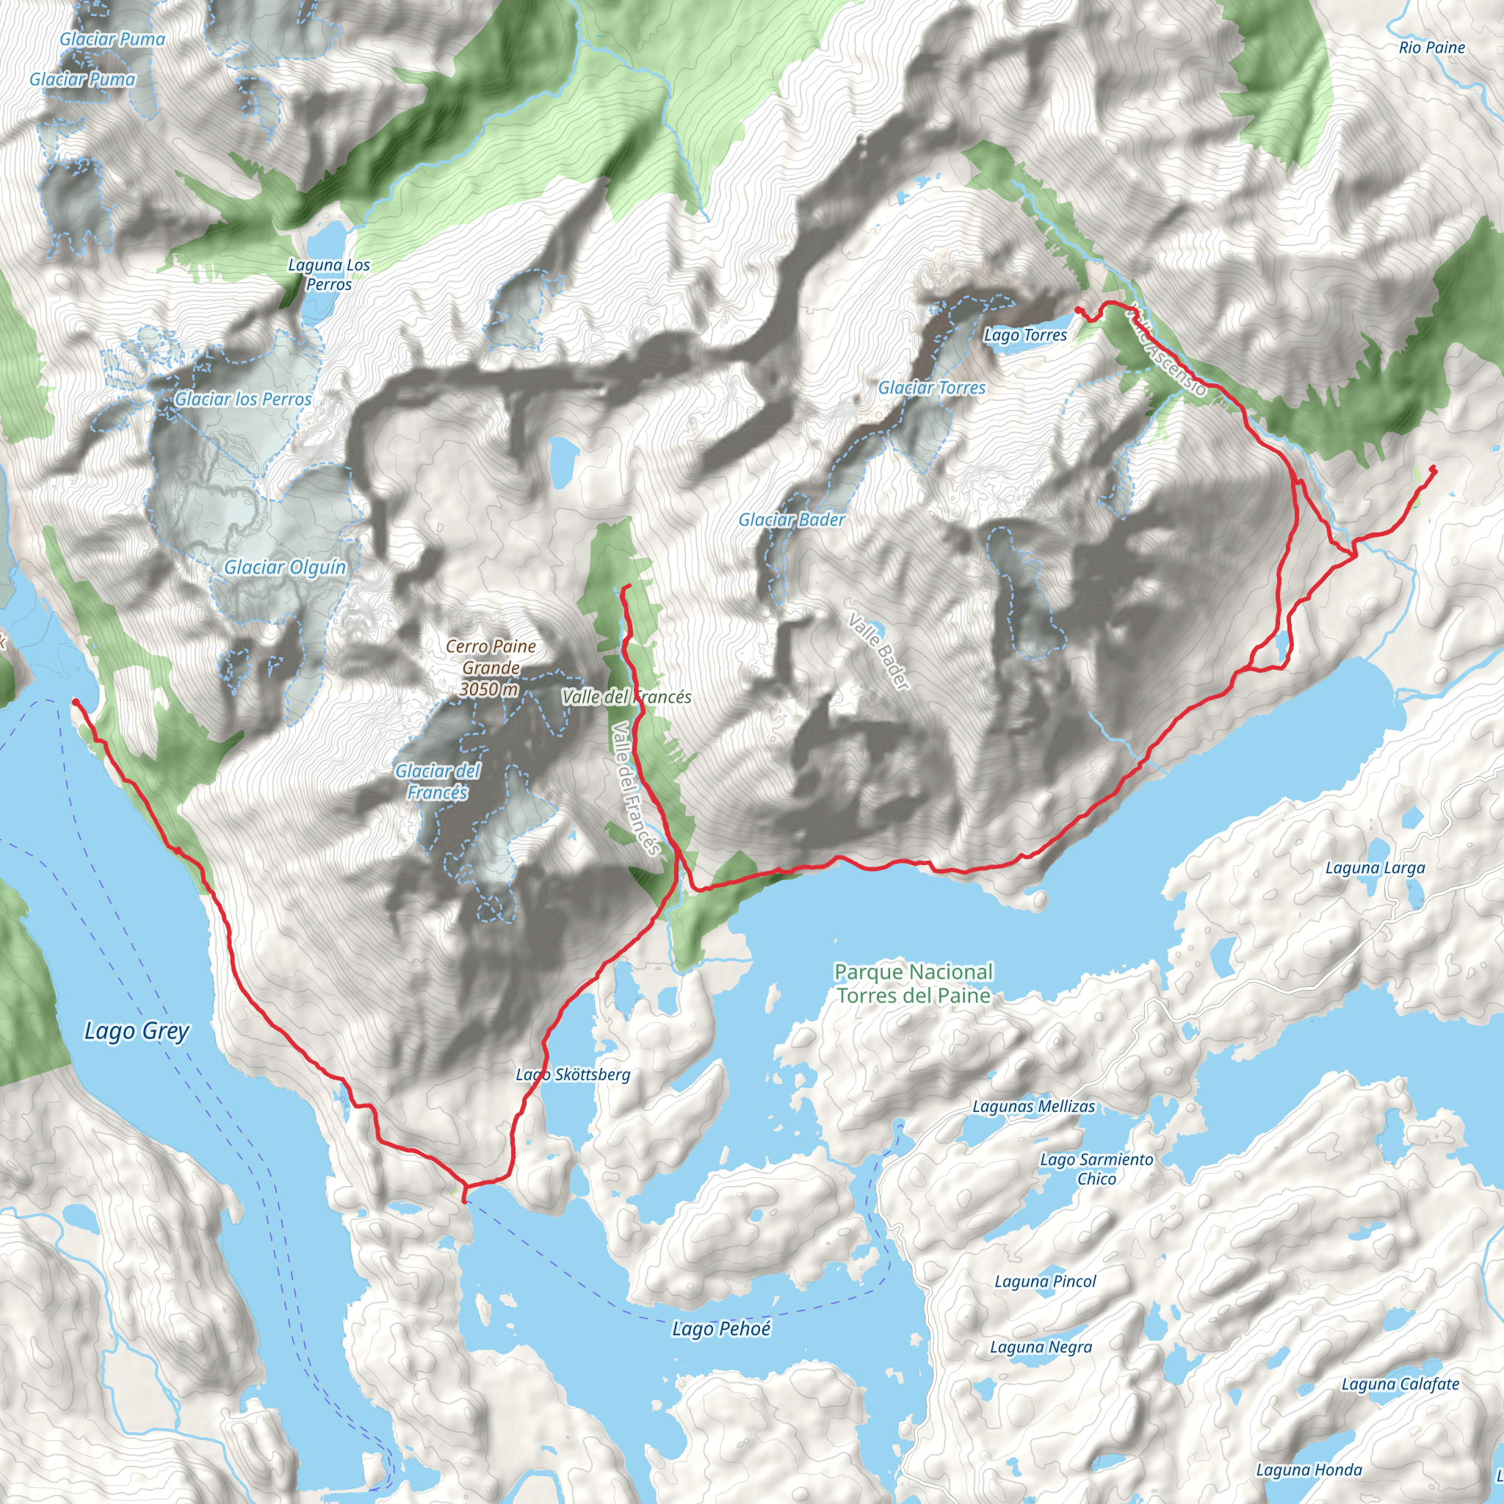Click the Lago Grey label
click(137, 1032)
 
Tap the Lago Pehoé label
click(721, 1328)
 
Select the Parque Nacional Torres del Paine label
click(913, 983)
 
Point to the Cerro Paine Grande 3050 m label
click(491, 668)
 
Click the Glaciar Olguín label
click(285, 568)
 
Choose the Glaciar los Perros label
click(243, 399)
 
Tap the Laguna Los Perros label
click(328, 275)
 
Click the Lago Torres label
click(1025, 336)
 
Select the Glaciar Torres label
click(932, 388)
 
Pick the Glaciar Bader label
click(792, 519)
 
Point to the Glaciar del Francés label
click(438, 781)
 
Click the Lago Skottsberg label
click(573, 1075)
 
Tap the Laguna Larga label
click(1375, 868)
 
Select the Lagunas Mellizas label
click(1033, 1106)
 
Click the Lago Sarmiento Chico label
click(1096, 1168)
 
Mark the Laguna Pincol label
click(1045, 1281)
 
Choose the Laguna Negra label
click(1041, 1347)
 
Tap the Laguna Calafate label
click(1400, 1384)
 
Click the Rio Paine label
click(1431, 48)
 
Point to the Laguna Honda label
click(1309, 1469)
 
